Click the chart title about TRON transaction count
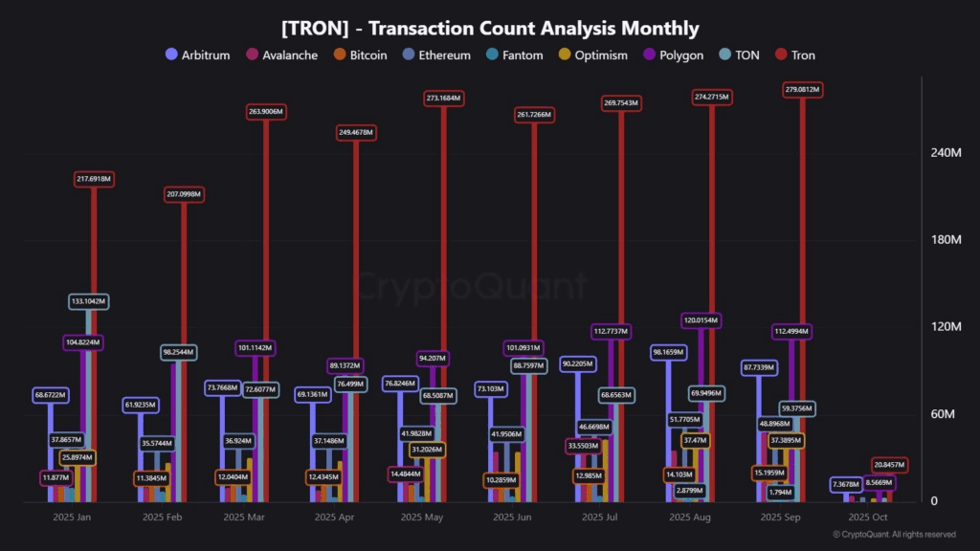coord(490,29)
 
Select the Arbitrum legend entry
coord(198,55)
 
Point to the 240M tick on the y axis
coord(946,153)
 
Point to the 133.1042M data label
coord(89,301)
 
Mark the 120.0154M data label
coord(702,320)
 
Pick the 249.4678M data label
coord(354,132)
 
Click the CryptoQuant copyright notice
coord(894,535)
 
